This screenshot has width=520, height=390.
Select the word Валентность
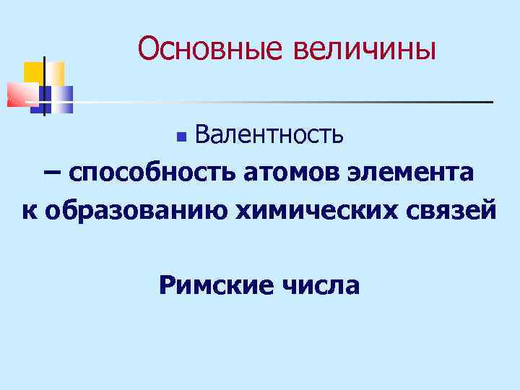pyautogui.click(x=269, y=134)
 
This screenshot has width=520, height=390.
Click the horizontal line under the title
pyautogui.click(x=289, y=102)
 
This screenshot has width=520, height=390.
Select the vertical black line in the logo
pyautogui.click(x=45, y=85)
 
